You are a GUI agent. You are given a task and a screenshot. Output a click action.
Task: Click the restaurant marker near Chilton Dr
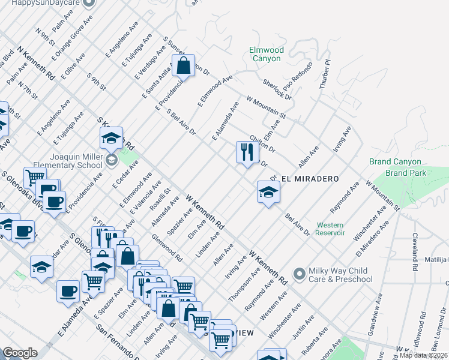[x=247, y=152]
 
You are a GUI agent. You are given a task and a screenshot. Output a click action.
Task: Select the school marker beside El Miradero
[x=268, y=192]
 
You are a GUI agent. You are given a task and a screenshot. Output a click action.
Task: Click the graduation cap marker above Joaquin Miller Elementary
[x=111, y=138]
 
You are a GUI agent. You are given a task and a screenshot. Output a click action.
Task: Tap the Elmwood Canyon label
[x=266, y=55]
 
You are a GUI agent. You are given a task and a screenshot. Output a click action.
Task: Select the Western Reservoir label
[x=331, y=229]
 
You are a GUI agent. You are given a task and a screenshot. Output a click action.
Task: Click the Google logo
[x=20, y=353]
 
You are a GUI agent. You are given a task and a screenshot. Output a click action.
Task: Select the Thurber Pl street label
[x=325, y=74]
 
